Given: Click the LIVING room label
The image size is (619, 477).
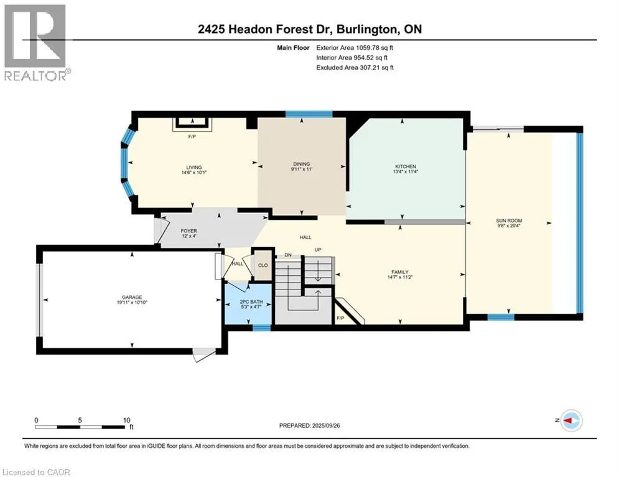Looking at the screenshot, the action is pyautogui.click(x=194, y=167).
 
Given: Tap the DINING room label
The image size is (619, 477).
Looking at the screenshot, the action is pyautogui.click(x=302, y=164).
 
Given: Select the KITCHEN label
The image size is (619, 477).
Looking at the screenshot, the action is pyautogui.click(x=406, y=166).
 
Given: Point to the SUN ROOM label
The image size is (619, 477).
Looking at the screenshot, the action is pyautogui.click(x=509, y=220).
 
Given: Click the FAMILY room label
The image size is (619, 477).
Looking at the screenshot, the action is pyautogui.click(x=400, y=272).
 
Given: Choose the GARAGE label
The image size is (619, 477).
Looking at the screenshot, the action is pyautogui.click(x=132, y=298).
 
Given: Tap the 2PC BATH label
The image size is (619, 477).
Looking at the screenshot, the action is pyautogui.click(x=251, y=302).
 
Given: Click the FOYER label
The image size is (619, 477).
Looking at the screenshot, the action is pyautogui.click(x=188, y=231).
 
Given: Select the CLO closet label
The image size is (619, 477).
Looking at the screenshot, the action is pyautogui.click(x=263, y=265).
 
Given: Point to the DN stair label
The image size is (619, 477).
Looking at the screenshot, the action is pyautogui.click(x=288, y=255).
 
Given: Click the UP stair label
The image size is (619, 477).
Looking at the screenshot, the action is pyautogui.click(x=318, y=250).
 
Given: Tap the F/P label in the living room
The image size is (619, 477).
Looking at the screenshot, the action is pyautogui.click(x=192, y=137).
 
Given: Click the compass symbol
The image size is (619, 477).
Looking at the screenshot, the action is pyautogui.click(x=572, y=420).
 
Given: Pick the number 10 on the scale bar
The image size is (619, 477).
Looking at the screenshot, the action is pyautogui.click(x=126, y=420).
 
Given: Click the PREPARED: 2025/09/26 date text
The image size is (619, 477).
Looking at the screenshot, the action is pyautogui.click(x=310, y=425).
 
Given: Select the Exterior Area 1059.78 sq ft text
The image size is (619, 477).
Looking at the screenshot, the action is pyautogui.click(x=355, y=48).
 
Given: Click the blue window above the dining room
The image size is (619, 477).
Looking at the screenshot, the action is pyautogui.click(x=309, y=115).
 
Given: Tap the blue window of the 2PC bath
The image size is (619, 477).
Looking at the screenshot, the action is pyautogui.click(x=261, y=327).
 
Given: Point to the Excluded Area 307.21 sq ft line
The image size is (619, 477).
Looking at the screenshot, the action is pyautogui.click(x=355, y=68).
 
